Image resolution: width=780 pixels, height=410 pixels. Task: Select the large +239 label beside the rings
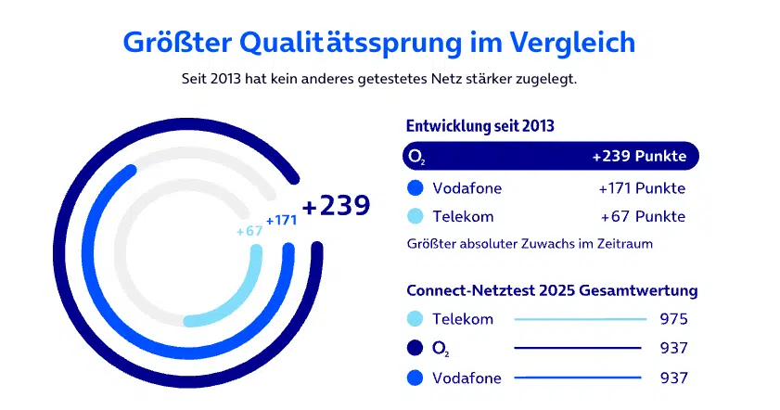coord(336,206)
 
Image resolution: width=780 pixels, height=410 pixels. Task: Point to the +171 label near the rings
coord(281,221)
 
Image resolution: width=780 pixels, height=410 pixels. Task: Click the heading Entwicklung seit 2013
coord(480,126)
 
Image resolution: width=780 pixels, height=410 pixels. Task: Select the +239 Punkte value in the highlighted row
coord(639,157)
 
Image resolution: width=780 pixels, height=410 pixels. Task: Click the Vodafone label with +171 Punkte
coord(467,188)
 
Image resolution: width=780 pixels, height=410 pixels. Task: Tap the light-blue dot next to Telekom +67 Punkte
coord(416,217)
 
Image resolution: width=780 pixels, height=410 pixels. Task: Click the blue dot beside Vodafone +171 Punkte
coord(416,188)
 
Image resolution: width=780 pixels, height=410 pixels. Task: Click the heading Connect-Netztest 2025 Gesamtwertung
coord(552,291)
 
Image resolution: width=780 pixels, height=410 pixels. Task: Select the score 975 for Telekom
coord(673,319)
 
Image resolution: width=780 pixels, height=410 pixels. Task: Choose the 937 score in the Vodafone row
coord(673,378)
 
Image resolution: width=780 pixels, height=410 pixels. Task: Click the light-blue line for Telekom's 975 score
coord(580,319)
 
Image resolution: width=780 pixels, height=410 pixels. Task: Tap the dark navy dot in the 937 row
coord(416,348)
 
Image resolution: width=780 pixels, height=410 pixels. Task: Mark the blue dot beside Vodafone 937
coord(416,378)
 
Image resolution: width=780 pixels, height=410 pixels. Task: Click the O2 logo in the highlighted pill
coord(418,158)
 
